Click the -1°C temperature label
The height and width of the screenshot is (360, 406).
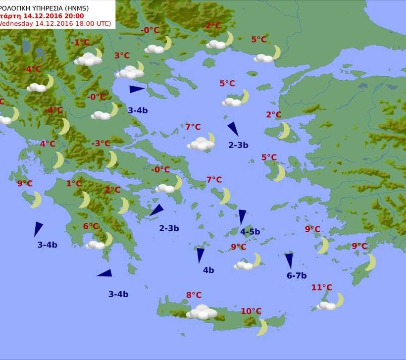[80, 43]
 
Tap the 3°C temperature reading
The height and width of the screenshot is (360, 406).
[122, 56]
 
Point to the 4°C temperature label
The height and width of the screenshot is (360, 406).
[48, 144]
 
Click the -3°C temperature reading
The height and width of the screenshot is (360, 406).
[101, 144]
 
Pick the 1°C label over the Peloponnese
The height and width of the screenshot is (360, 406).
[74, 184]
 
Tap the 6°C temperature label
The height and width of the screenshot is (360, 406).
[91, 226]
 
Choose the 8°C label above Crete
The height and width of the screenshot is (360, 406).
[194, 296]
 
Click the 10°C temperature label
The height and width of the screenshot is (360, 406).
[251, 311]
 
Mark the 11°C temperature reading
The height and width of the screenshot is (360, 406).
[322, 288]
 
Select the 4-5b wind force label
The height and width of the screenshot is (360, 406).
[250, 232]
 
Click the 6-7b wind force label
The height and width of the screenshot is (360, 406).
[297, 276]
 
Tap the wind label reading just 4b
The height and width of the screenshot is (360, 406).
[208, 270]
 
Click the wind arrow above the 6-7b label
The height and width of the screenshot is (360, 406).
[289, 260]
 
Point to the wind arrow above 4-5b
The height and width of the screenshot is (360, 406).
[242, 216]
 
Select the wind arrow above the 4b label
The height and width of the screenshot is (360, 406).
[201, 255]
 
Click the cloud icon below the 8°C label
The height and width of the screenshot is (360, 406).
[202, 312]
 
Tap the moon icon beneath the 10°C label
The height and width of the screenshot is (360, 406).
[262, 327]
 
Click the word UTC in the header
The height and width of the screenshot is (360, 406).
[103, 23]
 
